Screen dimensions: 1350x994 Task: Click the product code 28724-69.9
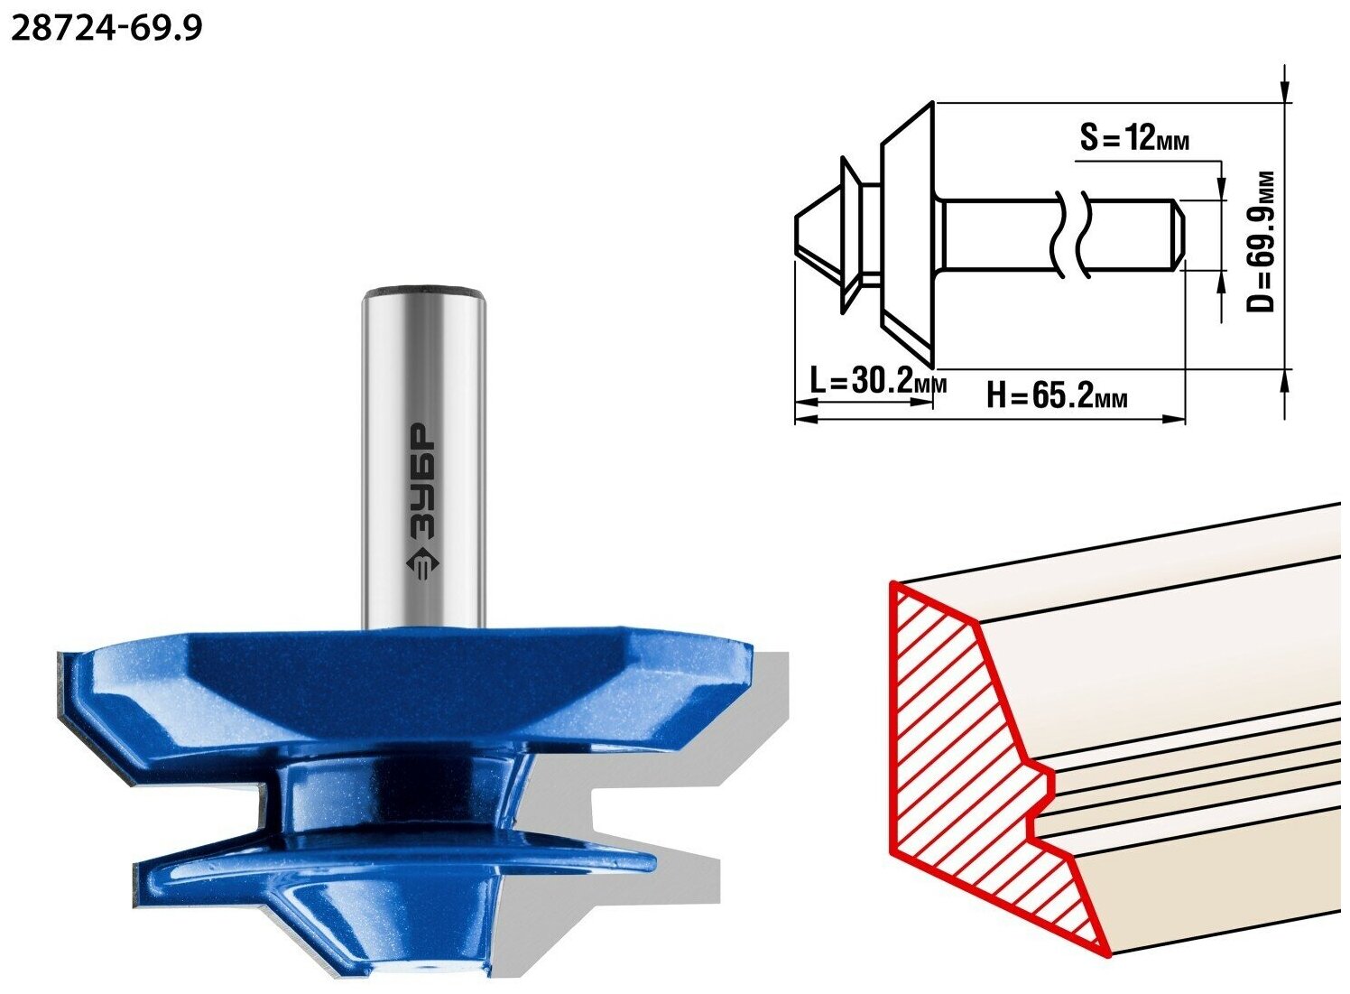pos(106,28)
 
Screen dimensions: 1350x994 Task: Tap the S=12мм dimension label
pos(1135,138)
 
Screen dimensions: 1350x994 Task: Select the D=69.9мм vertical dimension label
pos(1261,241)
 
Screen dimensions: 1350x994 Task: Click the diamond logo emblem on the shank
pos(422,565)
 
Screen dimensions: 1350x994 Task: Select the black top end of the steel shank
pos(424,291)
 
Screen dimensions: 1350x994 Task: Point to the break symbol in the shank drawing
pos(1071,235)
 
